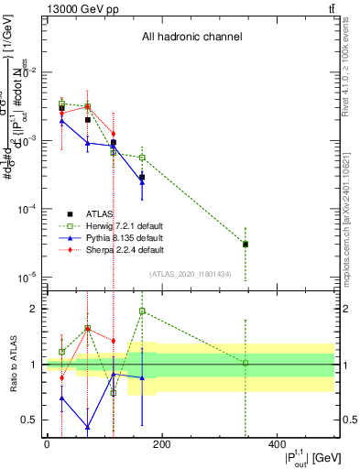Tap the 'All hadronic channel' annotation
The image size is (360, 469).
pos(191,38)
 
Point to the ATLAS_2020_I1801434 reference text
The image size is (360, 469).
pos(191,275)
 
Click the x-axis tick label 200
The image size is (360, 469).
pos(161,444)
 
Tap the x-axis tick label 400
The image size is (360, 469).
pos(277,444)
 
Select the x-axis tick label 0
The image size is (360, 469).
pos(47,444)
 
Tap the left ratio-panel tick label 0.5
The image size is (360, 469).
pos(29,420)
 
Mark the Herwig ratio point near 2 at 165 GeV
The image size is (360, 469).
pos(143,311)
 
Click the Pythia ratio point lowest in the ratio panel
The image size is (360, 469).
pos(88,427)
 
